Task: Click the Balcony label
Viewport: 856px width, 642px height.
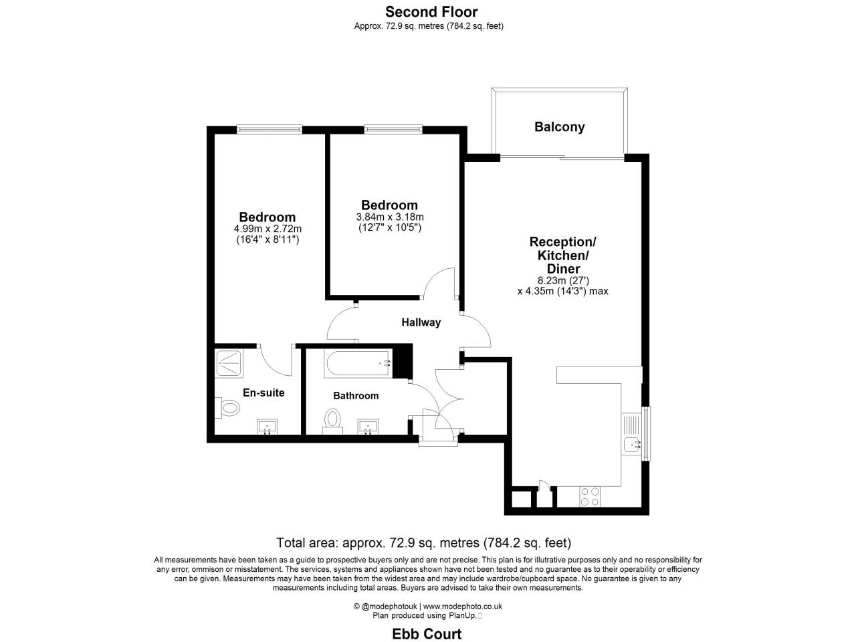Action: click(559, 127)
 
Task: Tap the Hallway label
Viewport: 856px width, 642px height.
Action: click(421, 322)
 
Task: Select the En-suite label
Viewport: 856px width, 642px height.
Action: click(263, 393)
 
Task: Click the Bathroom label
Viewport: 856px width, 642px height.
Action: click(356, 396)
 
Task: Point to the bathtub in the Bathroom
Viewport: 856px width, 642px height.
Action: click(358, 363)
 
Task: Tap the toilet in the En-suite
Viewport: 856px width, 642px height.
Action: click(227, 407)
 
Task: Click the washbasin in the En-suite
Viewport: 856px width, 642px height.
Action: click(268, 427)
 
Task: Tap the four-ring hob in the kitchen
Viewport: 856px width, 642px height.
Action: click(589, 496)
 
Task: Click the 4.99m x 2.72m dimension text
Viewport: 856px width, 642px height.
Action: click(267, 229)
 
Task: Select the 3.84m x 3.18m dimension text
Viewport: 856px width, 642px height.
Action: click(390, 217)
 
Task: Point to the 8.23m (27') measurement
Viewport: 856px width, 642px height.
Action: click(562, 281)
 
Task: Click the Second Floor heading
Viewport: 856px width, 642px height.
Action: click(431, 11)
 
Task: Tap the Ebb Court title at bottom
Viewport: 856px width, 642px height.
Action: click(427, 633)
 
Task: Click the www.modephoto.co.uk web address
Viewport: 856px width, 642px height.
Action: click(471, 607)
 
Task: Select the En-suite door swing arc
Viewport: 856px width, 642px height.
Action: click(276, 361)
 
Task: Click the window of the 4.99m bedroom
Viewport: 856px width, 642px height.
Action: click(269, 129)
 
